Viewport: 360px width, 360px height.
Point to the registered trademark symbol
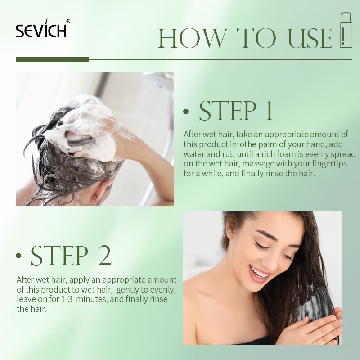pos(68,21)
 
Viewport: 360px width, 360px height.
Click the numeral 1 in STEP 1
pos(269,111)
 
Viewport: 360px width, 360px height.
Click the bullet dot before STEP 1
pos(186,112)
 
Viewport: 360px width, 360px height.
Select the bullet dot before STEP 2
pos(18,256)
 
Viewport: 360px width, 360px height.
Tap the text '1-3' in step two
pos(67,299)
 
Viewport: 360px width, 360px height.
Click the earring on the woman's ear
pos(94,197)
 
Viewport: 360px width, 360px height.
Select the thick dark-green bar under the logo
pos(52,60)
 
